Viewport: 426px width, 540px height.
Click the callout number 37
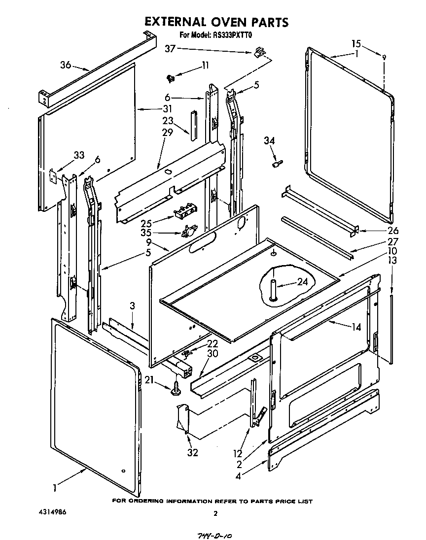[x=170, y=48]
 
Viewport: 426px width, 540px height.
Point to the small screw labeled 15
[x=385, y=58]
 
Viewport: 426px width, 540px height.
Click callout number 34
[x=269, y=141]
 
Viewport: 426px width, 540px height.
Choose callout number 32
[x=192, y=452]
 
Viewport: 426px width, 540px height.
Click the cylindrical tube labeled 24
[x=273, y=289]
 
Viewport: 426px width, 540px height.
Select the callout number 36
[x=66, y=65]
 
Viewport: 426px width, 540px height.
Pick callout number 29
[x=168, y=132]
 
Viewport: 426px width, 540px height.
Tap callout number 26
[x=392, y=231]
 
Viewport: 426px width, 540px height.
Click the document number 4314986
[x=52, y=512]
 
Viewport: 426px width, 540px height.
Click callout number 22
[x=213, y=344]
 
